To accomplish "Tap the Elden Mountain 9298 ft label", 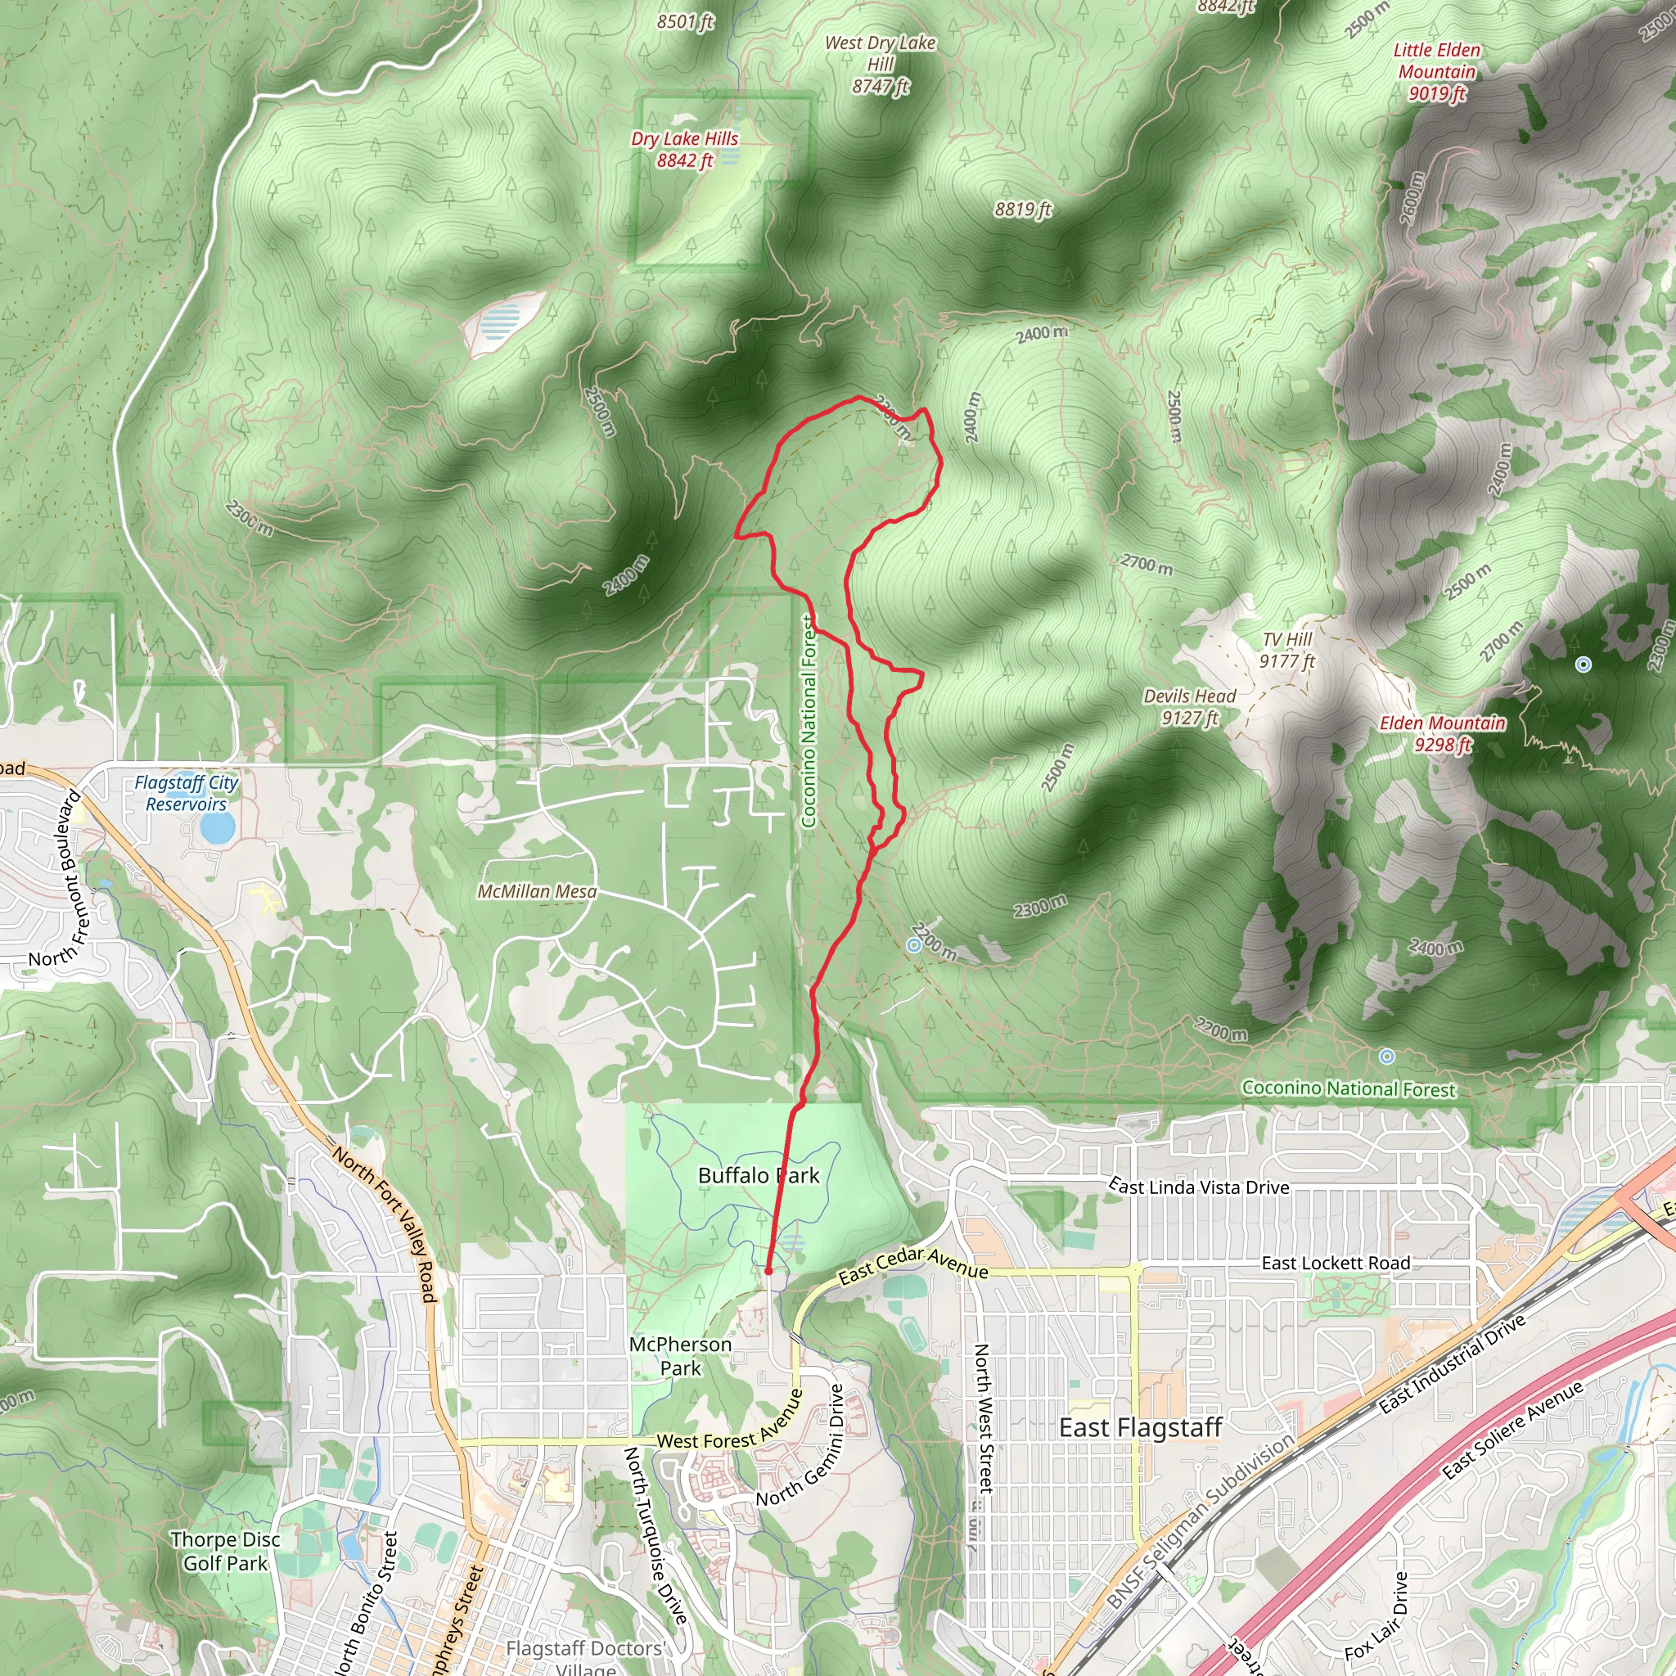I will [x=1443, y=734].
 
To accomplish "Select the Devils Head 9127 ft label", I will [x=1189, y=707].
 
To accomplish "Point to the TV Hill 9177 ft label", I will [x=1287, y=651].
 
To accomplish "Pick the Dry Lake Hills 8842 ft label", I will [x=684, y=149].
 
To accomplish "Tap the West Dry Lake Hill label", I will [x=880, y=64].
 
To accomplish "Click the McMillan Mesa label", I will [x=537, y=892].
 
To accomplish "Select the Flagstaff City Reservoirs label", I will [x=186, y=793].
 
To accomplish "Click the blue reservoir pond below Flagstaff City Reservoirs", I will [x=216, y=828].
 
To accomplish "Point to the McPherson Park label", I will [x=680, y=1356].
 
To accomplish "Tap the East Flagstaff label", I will [x=1140, y=1427].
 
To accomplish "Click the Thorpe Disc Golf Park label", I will [x=226, y=1551].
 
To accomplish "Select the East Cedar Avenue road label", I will [x=912, y=1265].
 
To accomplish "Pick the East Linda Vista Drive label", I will [x=1199, y=1187].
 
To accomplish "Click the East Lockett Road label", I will [x=1336, y=1263].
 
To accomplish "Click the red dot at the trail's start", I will [x=768, y=1271].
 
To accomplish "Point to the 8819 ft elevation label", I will [x=1023, y=209].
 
